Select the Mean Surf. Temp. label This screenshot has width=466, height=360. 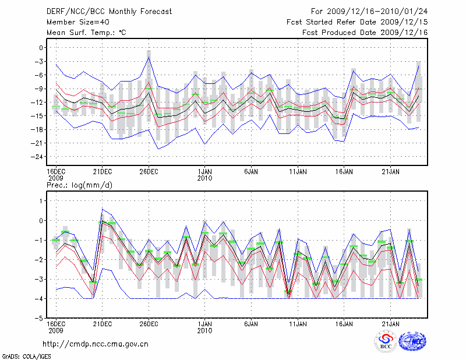86,32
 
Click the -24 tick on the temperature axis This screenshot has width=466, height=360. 38,157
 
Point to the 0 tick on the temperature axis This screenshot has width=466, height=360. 41,48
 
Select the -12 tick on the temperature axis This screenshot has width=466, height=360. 38,103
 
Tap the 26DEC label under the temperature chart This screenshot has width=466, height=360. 149,171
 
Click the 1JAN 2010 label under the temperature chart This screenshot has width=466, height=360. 204,174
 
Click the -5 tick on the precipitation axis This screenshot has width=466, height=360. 40,319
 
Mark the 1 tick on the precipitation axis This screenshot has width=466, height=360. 41,201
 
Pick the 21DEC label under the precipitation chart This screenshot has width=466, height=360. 102,323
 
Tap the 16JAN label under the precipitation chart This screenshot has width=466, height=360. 344,323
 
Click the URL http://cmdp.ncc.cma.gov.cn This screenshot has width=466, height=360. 96,344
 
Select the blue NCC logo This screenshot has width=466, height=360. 412,341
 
